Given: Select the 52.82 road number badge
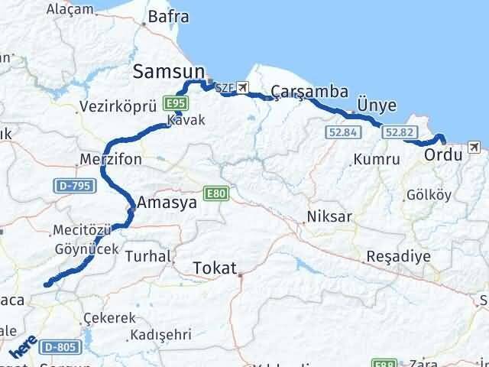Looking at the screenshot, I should (400, 132).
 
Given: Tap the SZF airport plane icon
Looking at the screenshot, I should (243, 87).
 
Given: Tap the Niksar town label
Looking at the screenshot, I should (329, 216).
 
